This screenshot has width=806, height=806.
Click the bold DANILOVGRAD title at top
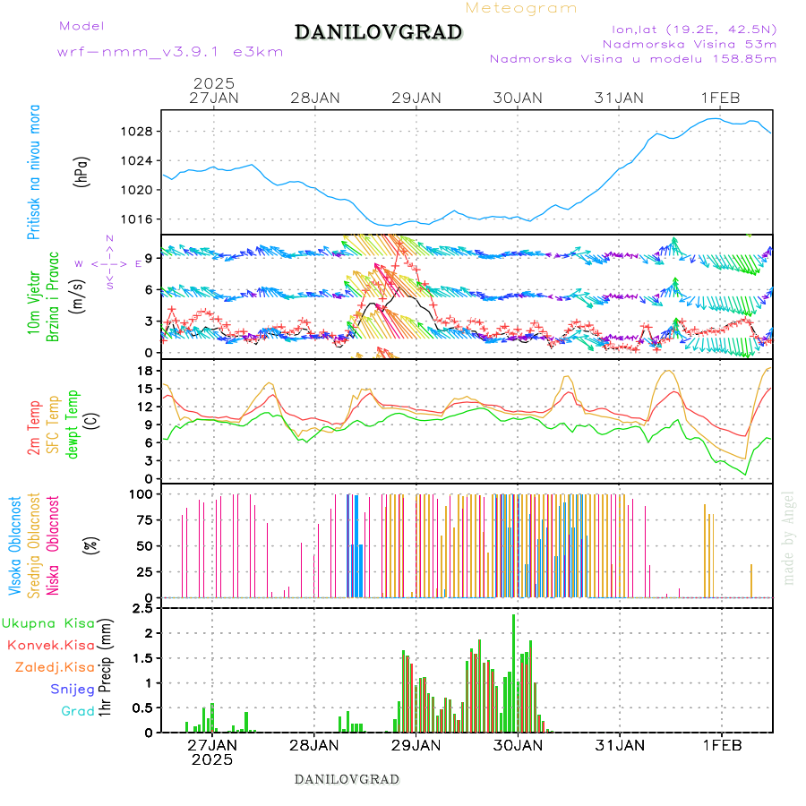(378, 33)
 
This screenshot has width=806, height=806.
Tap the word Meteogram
(521, 8)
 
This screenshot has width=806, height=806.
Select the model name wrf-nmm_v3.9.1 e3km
(170, 52)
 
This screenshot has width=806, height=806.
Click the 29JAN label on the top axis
(416, 98)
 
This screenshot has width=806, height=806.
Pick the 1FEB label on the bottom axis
(721, 744)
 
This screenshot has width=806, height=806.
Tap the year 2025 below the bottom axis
(212, 759)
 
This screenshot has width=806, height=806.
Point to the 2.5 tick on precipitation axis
(141, 610)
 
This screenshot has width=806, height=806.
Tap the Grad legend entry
(77, 711)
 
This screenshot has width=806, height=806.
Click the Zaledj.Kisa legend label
(55, 666)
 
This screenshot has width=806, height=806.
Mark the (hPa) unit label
(82, 170)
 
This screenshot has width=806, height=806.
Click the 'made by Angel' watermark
(789, 537)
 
